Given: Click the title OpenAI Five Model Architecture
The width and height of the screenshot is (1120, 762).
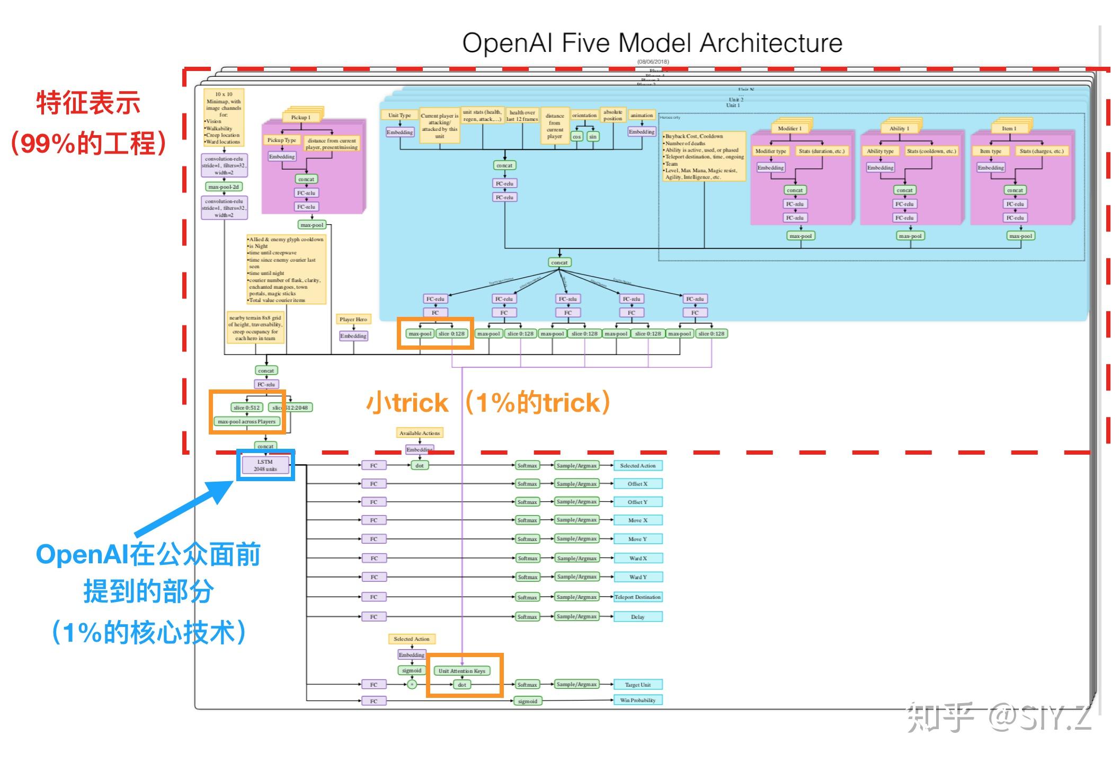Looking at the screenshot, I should [652, 43].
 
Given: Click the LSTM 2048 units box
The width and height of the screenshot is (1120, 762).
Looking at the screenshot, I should [265, 465].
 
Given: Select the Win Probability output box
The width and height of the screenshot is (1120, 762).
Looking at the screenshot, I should [638, 700].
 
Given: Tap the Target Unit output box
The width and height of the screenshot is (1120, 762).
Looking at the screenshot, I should [638, 685].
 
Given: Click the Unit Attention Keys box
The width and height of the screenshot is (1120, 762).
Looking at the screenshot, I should [461, 671].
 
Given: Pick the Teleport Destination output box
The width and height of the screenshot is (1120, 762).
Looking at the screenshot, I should [638, 597].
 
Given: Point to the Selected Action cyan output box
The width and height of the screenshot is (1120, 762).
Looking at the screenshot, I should [638, 465].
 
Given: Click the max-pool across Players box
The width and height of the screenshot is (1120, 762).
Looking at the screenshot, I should [246, 422].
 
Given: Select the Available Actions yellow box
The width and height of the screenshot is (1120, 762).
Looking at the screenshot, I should [419, 433].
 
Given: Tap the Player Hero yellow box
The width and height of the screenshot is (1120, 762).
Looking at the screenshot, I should [353, 319].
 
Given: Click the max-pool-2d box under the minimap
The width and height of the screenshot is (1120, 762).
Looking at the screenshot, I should [224, 187].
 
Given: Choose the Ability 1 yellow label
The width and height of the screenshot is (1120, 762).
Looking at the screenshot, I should [899, 128].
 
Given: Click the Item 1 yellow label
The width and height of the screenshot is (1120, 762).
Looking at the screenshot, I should [1009, 128].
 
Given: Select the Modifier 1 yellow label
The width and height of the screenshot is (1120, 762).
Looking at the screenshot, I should [789, 128].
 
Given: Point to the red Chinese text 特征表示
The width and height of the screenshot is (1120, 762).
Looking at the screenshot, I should [88, 103].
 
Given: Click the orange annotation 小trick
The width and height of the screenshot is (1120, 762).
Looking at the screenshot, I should [407, 403].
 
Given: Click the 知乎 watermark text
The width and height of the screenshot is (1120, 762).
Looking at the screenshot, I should [940, 717].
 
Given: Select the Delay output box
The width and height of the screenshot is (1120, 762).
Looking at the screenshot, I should [638, 617].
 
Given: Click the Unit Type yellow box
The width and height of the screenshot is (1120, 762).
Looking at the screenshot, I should [399, 115].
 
